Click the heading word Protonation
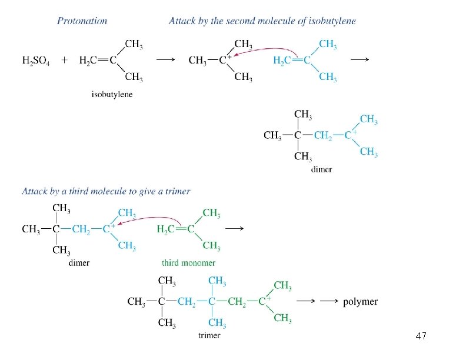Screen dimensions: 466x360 point(82,21)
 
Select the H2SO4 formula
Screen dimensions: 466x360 point(36,60)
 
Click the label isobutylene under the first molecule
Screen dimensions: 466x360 point(112,94)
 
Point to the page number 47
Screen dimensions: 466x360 point(420,336)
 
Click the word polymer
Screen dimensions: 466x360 point(360,302)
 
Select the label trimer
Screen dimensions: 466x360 point(209,335)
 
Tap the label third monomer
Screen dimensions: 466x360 point(188,263)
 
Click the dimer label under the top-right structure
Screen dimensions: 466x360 point(321,169)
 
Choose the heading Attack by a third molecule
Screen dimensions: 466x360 point(106,191)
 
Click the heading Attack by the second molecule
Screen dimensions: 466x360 point(262,21)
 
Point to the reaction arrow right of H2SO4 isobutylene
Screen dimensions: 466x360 point(165,60)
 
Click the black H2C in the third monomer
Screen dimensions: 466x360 point(167,229)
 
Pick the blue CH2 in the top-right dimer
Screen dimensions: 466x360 point(323,136)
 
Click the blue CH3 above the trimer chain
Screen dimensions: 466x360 point(217,281)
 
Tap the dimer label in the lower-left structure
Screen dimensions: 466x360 point(79,263)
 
